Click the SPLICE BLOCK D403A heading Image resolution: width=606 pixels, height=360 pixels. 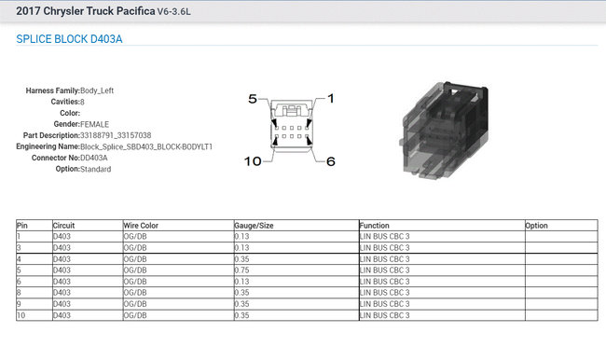coord(69,39)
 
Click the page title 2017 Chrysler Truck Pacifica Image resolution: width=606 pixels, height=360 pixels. coord(86,11)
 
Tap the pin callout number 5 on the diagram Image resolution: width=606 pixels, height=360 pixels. coord(253,99)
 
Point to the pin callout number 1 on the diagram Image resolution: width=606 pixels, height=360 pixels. coord(331,99)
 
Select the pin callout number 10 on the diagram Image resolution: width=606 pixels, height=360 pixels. coord(253,161)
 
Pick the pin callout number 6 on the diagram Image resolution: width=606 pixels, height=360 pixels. coord(331,161)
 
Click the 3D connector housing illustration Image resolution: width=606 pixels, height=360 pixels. coord(444,130)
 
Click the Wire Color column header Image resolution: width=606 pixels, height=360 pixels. coord(141,226)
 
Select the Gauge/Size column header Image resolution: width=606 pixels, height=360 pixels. coord(254,226)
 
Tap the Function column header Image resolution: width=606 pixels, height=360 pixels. coord(374,226)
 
